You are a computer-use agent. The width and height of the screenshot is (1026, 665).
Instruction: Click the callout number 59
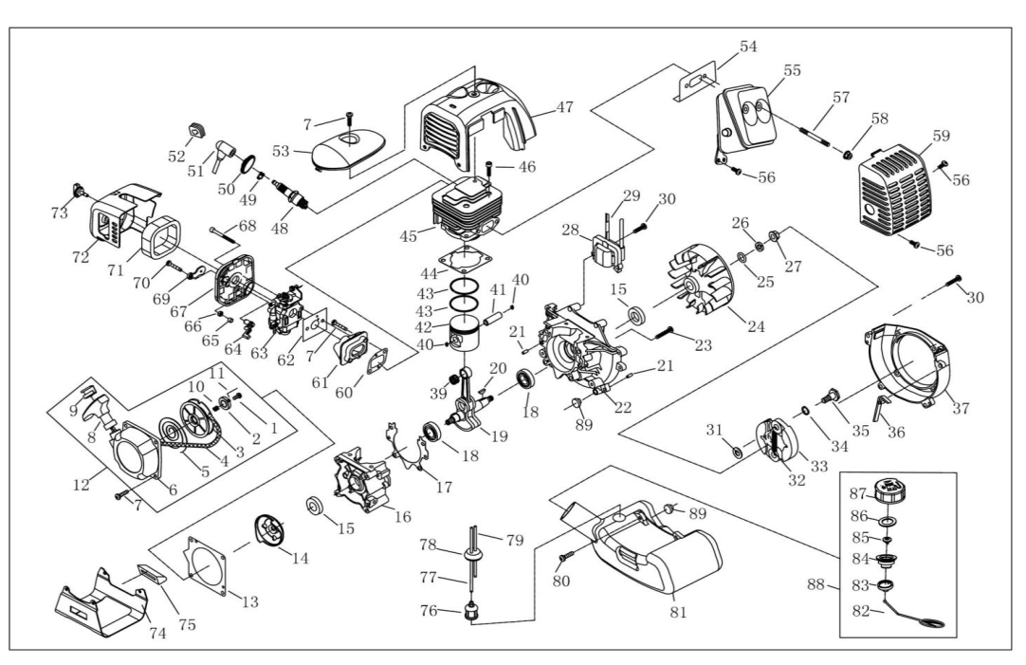(x=940, y=136)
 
